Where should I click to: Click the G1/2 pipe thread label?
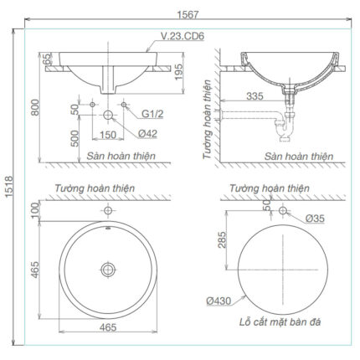click(151, 111)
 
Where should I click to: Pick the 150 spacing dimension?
click(108, 135)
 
